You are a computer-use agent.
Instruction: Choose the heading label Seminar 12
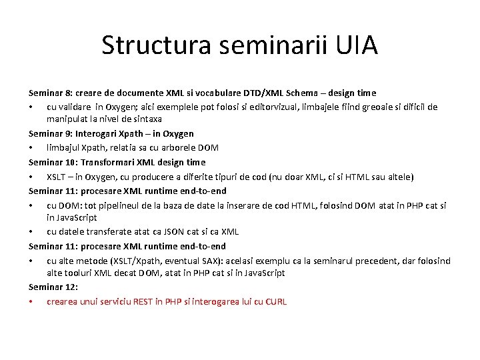tap(52, 287)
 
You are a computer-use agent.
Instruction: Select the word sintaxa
tap(145, 119)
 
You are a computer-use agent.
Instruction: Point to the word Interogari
tap(102, 133)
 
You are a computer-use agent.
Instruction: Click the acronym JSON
tap(166, 231)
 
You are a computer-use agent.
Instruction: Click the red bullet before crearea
tap(31, 301)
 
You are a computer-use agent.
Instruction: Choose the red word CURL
tap(275, 301)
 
